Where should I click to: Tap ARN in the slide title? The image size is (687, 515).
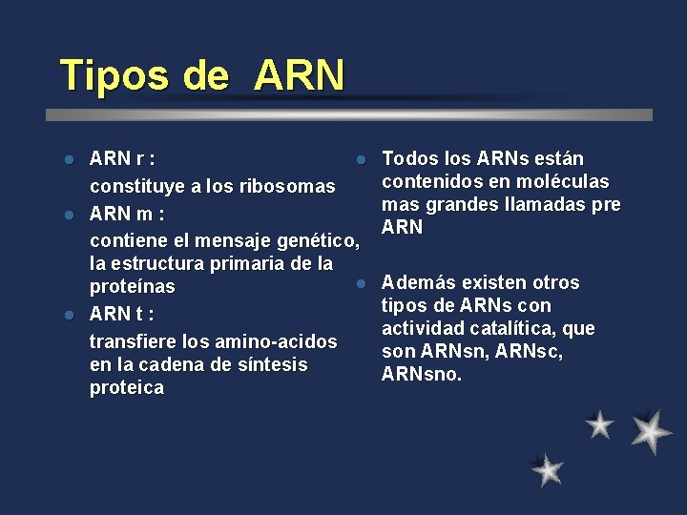[x=299, y=75]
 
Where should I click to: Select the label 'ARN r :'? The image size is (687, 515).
[x=123, y=158]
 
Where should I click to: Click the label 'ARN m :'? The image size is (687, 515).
[x=127, y=212]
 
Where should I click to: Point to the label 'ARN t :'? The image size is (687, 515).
[x=122, y=314]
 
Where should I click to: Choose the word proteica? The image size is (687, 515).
[x=126, y=388]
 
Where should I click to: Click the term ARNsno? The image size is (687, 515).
[x=422, y=375]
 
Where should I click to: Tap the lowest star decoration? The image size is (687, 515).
[x=548, y=469]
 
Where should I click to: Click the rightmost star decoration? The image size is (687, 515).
[x=651, y=430]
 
